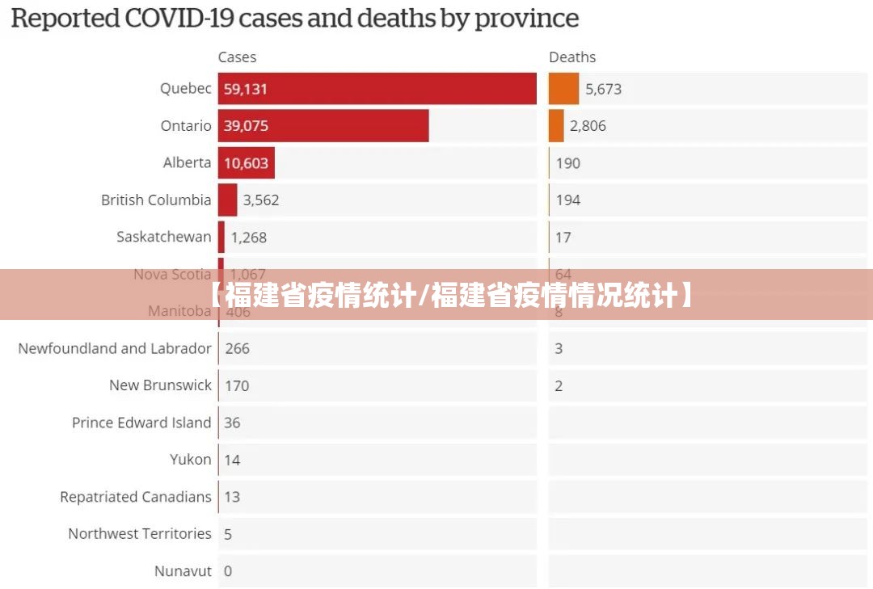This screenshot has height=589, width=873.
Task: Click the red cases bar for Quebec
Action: pos(377,89)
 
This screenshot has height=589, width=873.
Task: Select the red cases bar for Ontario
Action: pos(323,126)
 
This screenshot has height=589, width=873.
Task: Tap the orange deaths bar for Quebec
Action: pos(563,89)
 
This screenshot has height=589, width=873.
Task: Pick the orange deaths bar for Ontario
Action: pos(556,126)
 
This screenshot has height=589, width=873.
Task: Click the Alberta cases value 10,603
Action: pos(246,163)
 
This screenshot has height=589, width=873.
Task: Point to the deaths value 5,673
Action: pos(603,89)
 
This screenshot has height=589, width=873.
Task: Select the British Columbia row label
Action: pos(156,200)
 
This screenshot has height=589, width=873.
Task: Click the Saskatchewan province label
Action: pos(163,237)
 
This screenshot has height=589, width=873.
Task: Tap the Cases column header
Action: pos(237,57)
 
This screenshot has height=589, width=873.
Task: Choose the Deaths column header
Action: pos(572,57)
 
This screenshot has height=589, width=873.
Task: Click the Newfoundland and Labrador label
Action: pos(115,348)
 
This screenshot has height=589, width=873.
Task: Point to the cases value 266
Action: pos(237,349)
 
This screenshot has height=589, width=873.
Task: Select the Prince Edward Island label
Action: pos(141,423)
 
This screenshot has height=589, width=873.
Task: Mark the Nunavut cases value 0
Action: pos(228,571)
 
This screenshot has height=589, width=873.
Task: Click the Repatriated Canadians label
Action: pos(136,497)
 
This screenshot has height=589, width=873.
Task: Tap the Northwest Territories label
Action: pos(140,534)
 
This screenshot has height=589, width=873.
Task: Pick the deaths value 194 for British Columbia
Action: pos(568,200)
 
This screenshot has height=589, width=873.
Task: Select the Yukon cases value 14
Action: pos(232,461)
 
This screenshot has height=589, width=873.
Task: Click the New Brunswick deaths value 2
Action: pos(559,386)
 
